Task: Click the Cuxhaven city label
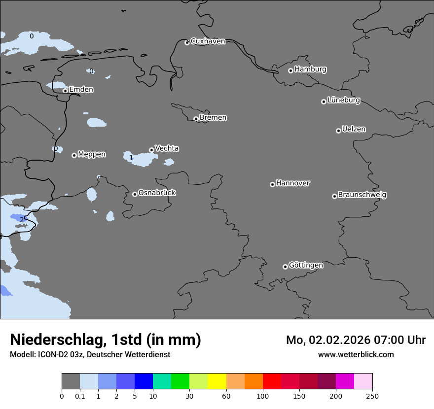point(208,41)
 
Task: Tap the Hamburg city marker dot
point(290,70)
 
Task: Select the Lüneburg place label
point(343,101)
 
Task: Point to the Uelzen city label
point(354,130)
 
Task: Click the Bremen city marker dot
point(196,119)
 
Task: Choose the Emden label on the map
point(81,90)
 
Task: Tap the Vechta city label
point(167,149)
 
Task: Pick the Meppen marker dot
point(74,155)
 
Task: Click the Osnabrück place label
point(157,193)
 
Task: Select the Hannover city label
point(292,183)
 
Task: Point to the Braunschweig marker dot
point(334,196)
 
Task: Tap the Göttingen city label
point(306,266)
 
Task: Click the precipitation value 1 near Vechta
point(131,158)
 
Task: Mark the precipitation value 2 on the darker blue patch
point(22,220)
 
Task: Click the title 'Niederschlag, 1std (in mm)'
point(106,340)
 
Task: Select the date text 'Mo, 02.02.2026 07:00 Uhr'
point(356,340)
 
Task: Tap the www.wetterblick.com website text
point(356,355)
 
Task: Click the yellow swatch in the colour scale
point(217,381)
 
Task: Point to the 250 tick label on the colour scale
point(372,396)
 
